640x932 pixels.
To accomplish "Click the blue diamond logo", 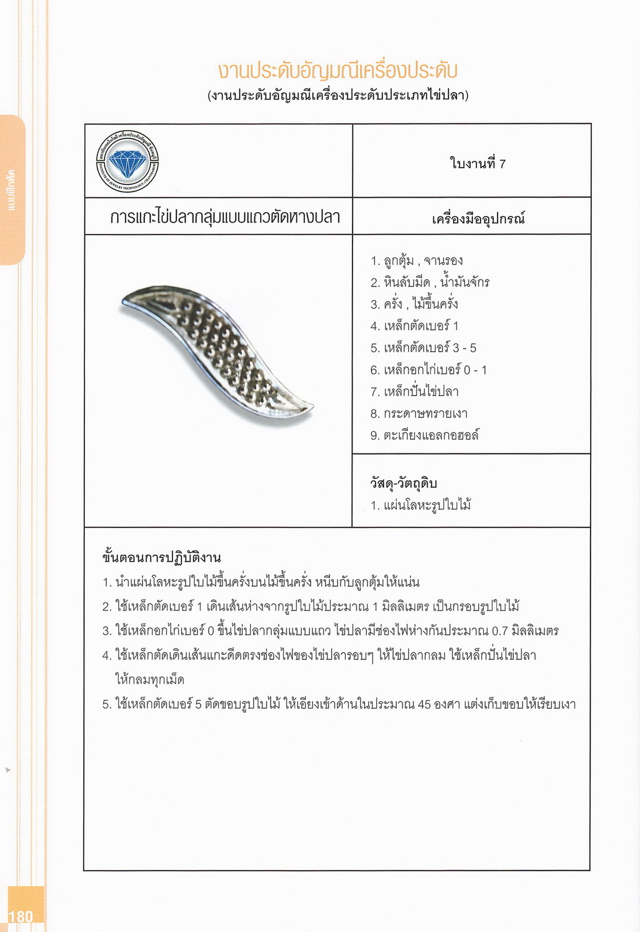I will pos(127,162).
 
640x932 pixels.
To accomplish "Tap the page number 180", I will pos(21,916).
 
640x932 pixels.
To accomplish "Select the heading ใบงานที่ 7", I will pos(477,164).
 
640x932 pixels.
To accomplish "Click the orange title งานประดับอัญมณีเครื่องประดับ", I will pos(338,70).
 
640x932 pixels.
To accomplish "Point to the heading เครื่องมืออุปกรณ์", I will pos(478,219).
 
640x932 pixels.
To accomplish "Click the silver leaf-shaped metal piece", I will pos(216,350).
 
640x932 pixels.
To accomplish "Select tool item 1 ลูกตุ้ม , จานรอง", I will pos(416,261).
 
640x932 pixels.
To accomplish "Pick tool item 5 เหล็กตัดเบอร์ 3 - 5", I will pos(423,348).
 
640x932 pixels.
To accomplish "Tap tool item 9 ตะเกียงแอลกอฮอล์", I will pos(424,435).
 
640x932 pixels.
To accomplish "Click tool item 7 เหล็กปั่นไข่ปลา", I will pos(414,392).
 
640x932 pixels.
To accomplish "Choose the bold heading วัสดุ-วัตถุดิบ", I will pos(403,483).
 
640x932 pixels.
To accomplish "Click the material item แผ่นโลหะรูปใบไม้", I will pos(420,505).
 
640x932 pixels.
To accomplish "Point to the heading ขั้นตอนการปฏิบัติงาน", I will pos(161,557).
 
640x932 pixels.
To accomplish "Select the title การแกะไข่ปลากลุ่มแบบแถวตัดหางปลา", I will pos(224,217).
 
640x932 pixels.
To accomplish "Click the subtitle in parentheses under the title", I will pos(338,96).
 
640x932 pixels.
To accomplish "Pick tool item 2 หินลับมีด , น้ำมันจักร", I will pos(429,283).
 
